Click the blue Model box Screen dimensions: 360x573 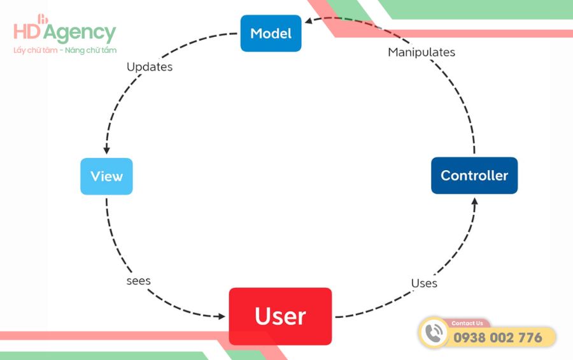[271, 33]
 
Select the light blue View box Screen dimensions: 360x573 [106, 176]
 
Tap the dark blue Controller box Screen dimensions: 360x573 [474, 175]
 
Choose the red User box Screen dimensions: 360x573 [280, 316]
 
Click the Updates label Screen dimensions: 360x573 [150, 66]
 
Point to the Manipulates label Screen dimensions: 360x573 [421, 52]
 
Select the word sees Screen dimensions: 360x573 [138, 280]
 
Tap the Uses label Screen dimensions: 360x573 [424, 283]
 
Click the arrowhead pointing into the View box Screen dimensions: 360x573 [106, 150]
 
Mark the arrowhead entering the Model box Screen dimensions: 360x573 [309, 21]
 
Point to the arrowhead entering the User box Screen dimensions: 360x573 [222, 315]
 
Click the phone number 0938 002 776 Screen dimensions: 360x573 [498, 338]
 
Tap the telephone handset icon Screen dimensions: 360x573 [435, 333]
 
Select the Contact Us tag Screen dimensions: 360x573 [467, 323]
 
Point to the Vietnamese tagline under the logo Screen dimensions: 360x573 [65, 50]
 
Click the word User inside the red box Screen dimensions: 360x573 [280, 316]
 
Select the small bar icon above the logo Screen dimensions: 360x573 [43, 19]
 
